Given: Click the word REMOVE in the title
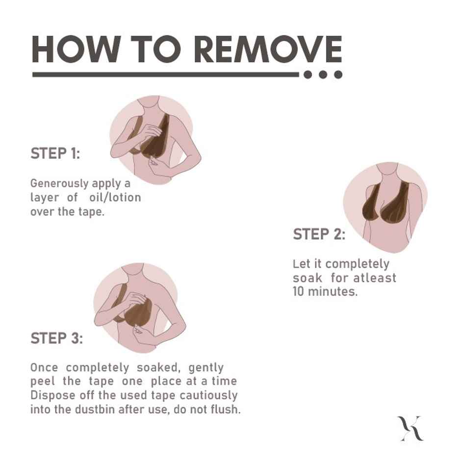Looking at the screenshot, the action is (268, 49).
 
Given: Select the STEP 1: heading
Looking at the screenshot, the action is (55, 154).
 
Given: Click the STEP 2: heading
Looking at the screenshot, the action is (319, 234).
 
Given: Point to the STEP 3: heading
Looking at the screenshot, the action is (57, 338).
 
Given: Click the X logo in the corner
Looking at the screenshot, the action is (410, 428).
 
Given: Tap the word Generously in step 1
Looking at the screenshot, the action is (59, 183).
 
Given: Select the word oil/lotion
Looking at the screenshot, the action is (115, 197).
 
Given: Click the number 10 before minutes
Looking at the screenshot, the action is (299, 291).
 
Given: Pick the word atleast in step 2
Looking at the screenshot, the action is (375, 278).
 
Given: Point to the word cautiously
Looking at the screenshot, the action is (208, 395).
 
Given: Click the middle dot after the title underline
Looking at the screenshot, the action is (323, 75).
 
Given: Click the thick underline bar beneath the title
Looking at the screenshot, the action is (166, 75).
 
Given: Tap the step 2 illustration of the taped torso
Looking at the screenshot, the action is (385, 207).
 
